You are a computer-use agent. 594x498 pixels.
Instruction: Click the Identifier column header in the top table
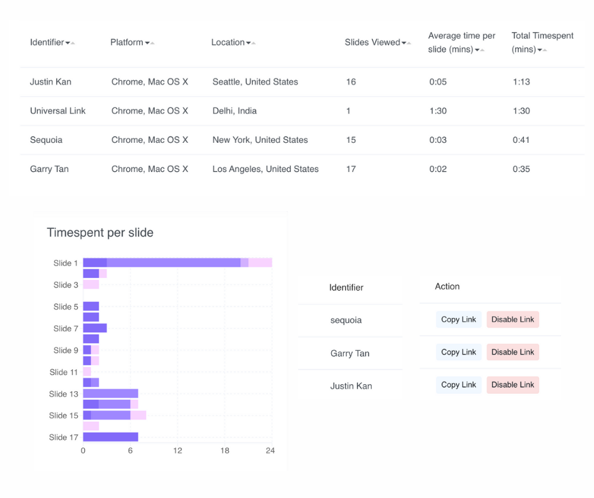click(x=47, y=42)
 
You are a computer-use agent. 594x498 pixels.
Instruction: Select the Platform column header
click(x=127, y=42)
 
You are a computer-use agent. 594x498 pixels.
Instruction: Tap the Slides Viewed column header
click(x=372, y=42)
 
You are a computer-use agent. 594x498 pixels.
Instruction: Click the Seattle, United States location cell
click(x=255, y=82)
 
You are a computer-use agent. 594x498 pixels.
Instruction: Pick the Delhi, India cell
click(x=234, y=111)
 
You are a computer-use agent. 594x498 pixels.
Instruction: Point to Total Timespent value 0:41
click(x=521, y=140)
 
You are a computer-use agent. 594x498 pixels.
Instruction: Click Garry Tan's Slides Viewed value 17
click(x=351, y=169)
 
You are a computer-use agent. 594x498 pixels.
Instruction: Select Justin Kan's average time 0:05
click(x=438, y=82)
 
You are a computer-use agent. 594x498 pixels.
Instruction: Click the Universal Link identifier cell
click(x=58, y=111)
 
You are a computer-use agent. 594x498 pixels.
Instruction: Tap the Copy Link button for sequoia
click(x=458, y=320)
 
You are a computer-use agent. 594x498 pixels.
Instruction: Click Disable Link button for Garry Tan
click(x=512, y=352)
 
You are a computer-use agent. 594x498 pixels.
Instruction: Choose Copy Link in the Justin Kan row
click(x=458, y=385)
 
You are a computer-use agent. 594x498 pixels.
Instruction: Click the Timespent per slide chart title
click(x=100, y=233)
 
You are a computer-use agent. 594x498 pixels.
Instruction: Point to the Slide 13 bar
click(x=111, y=393)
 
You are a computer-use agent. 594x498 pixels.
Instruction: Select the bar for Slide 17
click(x=111, y=437)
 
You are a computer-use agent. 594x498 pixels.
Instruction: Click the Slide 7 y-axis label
click(x=66, y=329)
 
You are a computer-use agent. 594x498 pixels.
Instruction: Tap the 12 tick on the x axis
click(x=178, y=451)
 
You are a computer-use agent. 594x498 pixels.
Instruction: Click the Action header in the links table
click(x=447, y=286)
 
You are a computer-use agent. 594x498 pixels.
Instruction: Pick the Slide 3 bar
click(x=91, y=284)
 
